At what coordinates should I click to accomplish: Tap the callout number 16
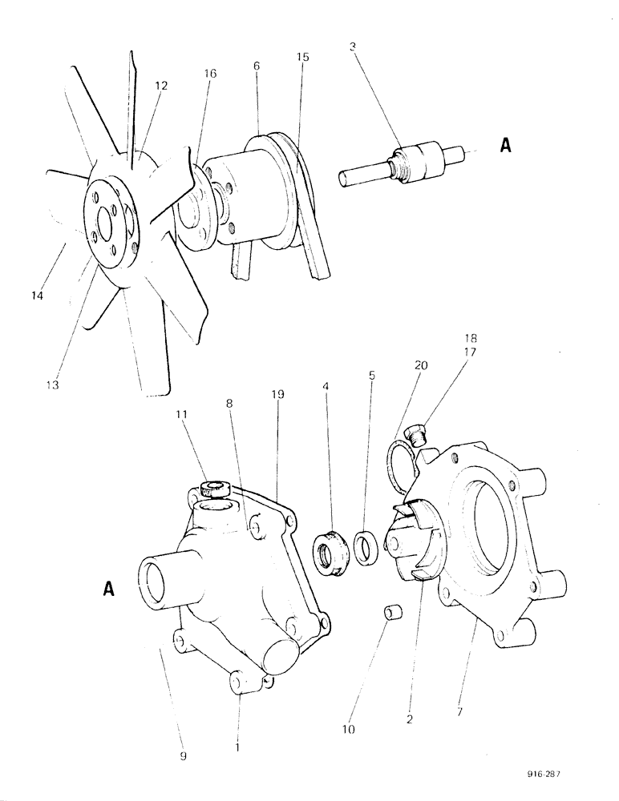(x=210, y=74)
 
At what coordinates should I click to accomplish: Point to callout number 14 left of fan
(x=36, y=296)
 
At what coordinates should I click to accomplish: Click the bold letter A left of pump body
(x=109, y=589)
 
